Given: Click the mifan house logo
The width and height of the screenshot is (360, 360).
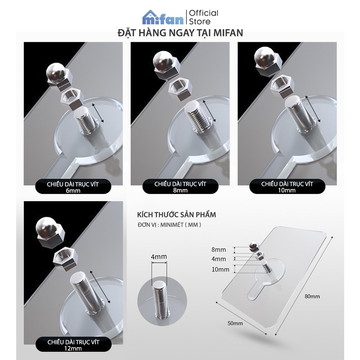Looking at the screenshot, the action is click(163, 17).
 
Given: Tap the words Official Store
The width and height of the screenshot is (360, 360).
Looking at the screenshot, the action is click(203, 17).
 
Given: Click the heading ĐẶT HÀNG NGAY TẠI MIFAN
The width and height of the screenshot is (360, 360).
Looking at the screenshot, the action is click(180, 33).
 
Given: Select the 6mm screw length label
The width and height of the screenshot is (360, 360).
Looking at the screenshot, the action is click(73, 187).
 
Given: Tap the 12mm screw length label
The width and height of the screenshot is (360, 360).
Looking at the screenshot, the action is click(73, 345).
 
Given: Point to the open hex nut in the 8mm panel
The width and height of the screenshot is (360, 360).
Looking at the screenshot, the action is click(180, 88).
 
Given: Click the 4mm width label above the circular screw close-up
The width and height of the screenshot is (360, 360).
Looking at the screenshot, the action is click(159, 256).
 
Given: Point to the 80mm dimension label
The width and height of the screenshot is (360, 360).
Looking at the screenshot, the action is click(312, 296).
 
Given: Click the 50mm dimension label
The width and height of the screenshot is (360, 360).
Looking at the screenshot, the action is click(235, 323).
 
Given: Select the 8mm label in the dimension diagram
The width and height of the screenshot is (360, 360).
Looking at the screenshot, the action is click(219, 249).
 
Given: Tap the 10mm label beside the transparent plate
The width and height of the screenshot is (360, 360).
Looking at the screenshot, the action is click(220, 269).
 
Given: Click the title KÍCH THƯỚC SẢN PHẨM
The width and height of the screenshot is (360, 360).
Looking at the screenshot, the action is click(176, 215).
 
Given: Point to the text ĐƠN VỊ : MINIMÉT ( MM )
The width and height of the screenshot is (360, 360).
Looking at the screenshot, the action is click(170, 225).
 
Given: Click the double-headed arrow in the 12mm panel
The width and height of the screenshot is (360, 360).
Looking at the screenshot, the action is click(100, 287).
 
